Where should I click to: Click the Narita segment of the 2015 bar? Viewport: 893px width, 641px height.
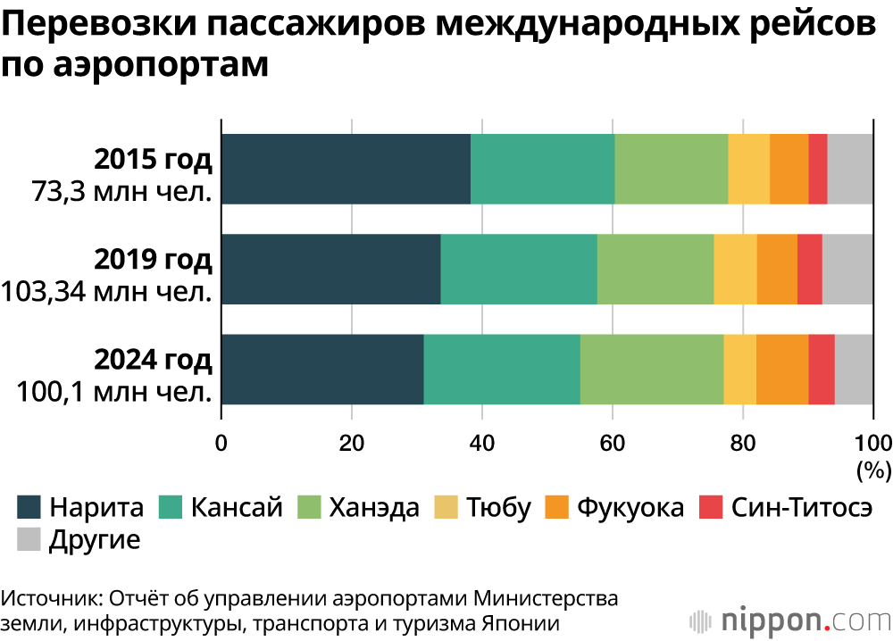click(x=346, y=169)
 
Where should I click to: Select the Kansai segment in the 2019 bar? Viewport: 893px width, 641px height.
click(x=518, y=270)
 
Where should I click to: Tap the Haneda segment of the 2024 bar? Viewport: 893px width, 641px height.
click(x=651, y=370)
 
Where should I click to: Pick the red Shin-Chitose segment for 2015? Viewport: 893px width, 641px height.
click(x=817, y=169)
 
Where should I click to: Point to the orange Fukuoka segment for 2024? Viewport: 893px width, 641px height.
click(x=781, y=370)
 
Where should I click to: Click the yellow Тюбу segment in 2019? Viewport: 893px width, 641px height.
click(x=735, y=270)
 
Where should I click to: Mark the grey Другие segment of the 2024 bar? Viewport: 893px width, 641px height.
click(x=853, y=370)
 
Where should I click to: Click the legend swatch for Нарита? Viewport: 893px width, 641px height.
click(x=29, y=508)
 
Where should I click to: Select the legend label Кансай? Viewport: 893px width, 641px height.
click(x=236, y=508)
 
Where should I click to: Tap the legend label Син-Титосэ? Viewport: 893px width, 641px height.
click(x=801, y=508)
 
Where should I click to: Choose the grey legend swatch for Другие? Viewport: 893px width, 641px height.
click(x=29, y=539)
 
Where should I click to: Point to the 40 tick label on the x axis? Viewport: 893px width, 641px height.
click(x=482, y=442)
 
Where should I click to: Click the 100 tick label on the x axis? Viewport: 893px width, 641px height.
click(x=872, y=442)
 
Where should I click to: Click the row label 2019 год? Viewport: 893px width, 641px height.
click(x=154, y=260)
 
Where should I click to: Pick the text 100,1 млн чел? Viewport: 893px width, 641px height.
click(x=114, y=391)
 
